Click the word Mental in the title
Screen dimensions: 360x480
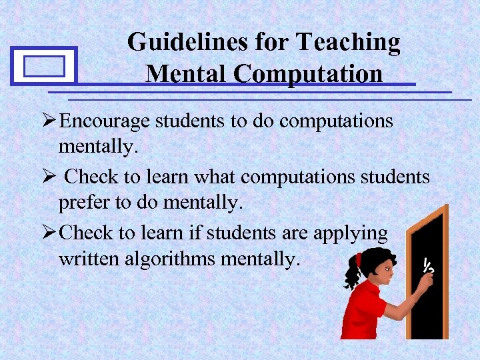coord(187,73)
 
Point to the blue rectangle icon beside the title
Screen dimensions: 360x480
coord(45,66)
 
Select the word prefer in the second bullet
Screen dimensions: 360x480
coord(85,203)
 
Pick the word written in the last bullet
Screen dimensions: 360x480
coord(89,259)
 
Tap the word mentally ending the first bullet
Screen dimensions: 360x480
coord(98,147)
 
